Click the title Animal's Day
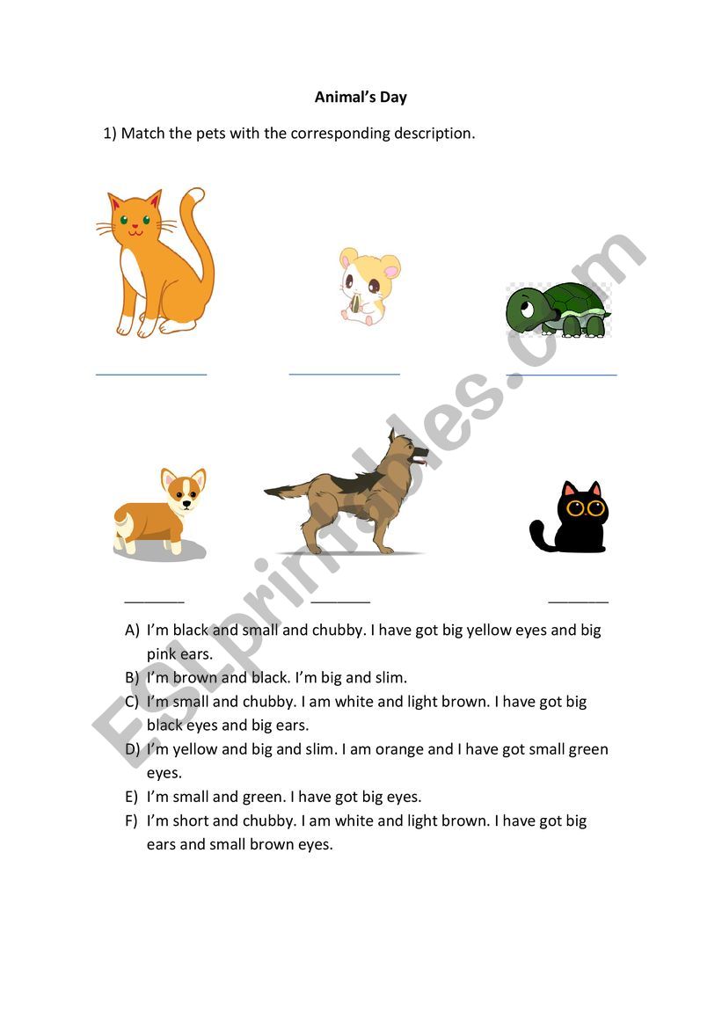coord(361,98)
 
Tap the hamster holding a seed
coord(368,285)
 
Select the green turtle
coord(559,309)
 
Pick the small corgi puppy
coord(161,514)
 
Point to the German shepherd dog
coord(352,497)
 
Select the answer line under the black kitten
coord(578,602)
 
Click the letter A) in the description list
coord(133,631)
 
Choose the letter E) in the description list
coord(132,798)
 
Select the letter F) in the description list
coord(132,821)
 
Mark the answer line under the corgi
coord(155,602)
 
